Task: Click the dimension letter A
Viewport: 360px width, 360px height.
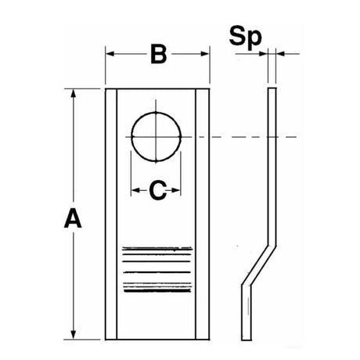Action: [73, 218]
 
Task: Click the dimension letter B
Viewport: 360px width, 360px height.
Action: [159, 54]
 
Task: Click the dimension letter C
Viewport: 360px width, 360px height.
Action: [158, 190]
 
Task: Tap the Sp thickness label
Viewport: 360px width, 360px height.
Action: [245, 37]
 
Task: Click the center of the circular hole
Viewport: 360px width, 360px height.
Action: [156, 137]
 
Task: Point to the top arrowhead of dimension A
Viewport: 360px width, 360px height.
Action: [74, 93]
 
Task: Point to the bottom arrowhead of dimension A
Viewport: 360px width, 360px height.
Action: [74, 335]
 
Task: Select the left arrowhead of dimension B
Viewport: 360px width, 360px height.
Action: [110, 54]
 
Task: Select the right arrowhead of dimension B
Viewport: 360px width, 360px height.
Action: [205, 54]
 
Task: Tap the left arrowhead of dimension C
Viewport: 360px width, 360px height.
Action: [135, 190]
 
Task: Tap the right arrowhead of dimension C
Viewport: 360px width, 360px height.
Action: [176, 190]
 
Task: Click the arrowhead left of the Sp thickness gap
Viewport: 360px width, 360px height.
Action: [264, 54]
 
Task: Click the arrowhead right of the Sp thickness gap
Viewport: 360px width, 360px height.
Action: [280, 54]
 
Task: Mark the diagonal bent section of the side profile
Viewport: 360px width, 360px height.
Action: [259, 265]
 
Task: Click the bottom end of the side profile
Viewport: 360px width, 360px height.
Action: [247, 340]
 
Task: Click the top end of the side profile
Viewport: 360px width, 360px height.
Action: [272, 88]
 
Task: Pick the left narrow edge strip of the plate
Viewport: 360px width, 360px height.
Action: [111, 214]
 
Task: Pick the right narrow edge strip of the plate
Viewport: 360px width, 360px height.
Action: [203, 214]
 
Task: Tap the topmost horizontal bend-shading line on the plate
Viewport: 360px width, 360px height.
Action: [157, 248]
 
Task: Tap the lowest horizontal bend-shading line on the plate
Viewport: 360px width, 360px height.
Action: [157, 290]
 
